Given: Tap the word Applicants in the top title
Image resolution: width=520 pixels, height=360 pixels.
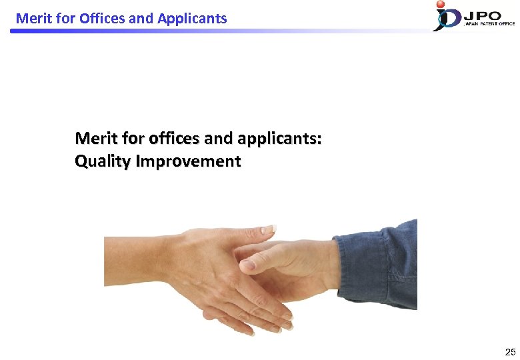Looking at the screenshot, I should click(x=192, y=18).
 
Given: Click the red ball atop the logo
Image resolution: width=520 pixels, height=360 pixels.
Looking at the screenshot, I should click(x=441, y=5).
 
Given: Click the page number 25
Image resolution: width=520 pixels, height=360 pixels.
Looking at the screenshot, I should click(x=510, y=352).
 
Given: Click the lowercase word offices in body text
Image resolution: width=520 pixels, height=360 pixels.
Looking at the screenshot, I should click(x=175, y=138).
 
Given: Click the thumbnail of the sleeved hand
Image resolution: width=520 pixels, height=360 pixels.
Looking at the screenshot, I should click(x=247, y=265).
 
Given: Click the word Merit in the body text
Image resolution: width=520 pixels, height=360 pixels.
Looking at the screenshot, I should click(x=95, y=138).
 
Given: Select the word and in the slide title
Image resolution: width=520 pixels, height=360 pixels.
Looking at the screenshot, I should click(x=141, y=18).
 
